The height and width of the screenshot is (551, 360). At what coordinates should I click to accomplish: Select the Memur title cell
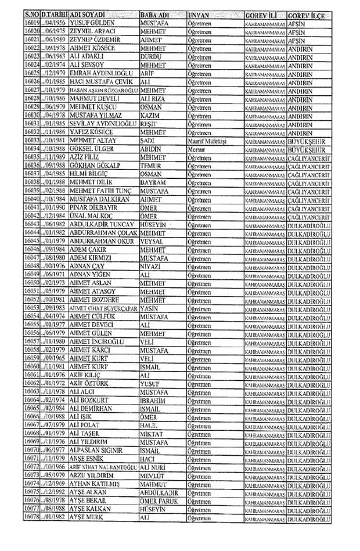pyautogui.click(x=196, y=148)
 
